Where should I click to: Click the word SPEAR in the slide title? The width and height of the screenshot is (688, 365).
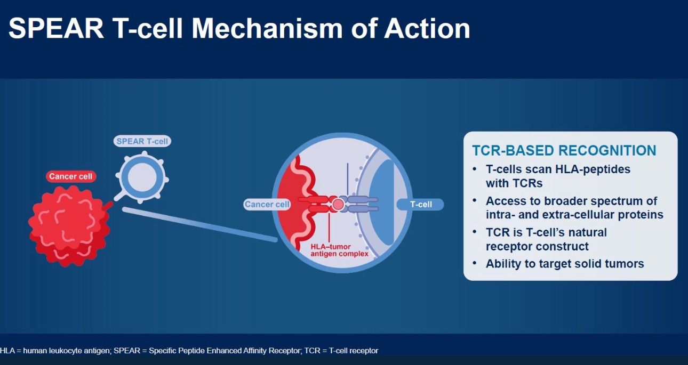point(56,28)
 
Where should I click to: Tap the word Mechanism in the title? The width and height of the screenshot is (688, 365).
point(267,28)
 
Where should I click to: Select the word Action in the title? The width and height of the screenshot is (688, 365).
point(427,28)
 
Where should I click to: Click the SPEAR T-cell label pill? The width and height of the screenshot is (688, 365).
point(142,141)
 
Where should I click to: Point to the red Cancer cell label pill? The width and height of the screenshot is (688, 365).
point(70,176)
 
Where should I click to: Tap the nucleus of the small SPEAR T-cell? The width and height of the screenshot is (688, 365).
point(142,177)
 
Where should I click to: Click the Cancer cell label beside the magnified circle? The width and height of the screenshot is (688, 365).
point(267,205)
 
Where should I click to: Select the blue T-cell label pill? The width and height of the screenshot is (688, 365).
point(420,205)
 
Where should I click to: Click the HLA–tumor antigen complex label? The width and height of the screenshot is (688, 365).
point(339,250)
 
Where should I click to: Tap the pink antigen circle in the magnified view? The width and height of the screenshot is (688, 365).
point(338,205)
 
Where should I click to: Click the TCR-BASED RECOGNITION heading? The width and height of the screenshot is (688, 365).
point(564,150)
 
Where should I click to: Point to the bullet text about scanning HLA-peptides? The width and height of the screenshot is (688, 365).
point(558,176)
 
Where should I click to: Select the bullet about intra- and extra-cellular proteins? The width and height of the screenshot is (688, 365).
point(574,208)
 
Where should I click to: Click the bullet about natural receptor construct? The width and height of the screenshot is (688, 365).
point(546,239)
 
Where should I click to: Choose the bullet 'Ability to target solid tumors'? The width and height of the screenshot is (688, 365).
point(565,264)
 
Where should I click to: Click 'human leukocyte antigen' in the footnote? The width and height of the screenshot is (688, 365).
point(67,351)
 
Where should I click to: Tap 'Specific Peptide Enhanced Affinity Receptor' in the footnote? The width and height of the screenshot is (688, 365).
point(224,351)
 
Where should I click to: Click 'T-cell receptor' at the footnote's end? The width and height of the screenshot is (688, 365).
point(354,351)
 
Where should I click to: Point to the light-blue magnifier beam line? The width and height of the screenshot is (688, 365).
point(200,224)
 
